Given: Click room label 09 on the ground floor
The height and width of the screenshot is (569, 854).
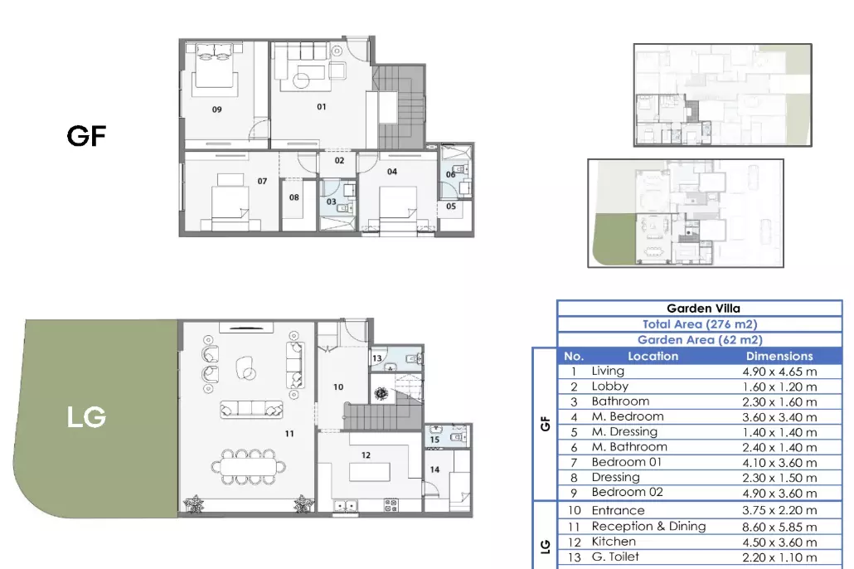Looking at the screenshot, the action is tap(216, 109).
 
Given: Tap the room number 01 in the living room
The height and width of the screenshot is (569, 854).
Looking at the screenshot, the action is tap(322, 107).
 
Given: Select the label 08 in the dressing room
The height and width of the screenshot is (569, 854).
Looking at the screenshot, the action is tap(294, 197).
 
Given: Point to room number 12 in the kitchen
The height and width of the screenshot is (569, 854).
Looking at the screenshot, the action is tap(366, 455).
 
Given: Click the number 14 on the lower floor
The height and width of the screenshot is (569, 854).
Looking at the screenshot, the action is tap(434, 469).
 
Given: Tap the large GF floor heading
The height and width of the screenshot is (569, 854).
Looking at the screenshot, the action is tap(86, 136).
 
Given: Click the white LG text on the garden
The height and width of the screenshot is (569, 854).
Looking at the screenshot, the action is tap(86, 417).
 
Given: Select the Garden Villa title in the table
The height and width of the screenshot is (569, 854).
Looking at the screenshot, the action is tap(703, 309).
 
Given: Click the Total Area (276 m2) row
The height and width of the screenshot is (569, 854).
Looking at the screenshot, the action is tap(700, 324).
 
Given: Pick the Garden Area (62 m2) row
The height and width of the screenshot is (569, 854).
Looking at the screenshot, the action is tap(700, 339).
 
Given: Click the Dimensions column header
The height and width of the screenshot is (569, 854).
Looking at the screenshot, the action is tap(779, 357).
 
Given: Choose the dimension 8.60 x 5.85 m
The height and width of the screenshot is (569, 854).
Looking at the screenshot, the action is tap(779, 527).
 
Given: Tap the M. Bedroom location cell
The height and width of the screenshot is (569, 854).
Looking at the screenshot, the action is tap(628, 416).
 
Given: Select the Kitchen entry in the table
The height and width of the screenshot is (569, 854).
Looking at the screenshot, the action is tap(614, 542).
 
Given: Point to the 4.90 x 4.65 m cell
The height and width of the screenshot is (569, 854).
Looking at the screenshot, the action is tap(779, 372).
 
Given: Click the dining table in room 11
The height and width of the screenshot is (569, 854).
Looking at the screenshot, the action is tap(249, 467).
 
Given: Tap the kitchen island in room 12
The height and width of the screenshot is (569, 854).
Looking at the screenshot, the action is tap(369, 472).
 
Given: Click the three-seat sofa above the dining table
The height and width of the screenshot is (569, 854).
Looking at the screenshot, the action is tap(251, 409).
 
